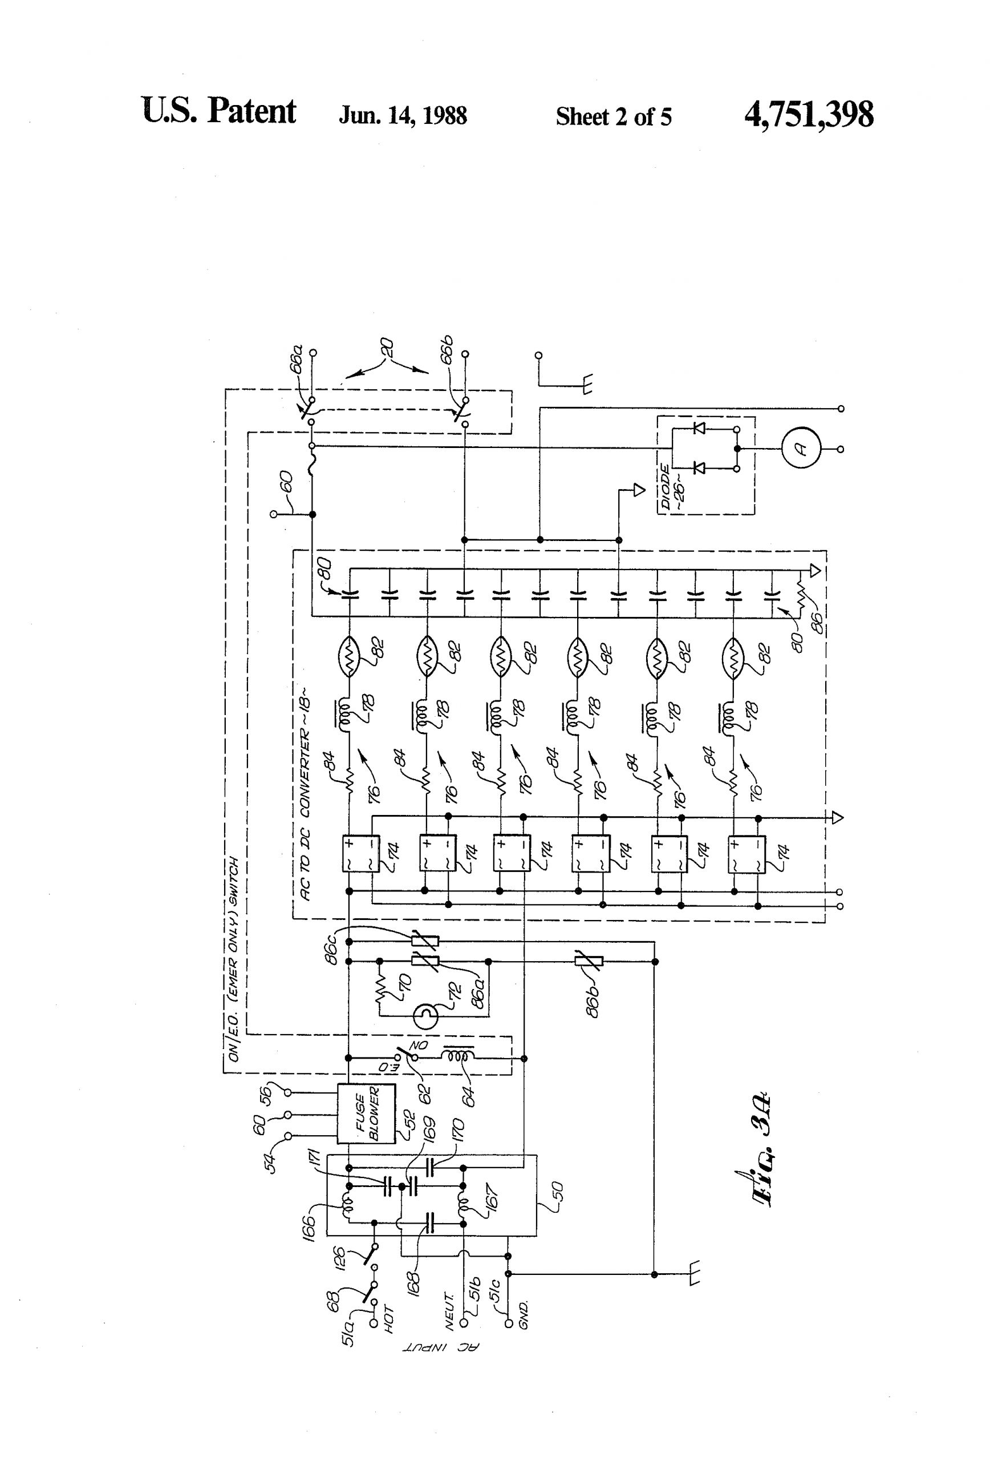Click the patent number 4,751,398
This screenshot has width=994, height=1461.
[x=808, y=115]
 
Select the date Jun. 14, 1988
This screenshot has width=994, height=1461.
[x=403, y=116]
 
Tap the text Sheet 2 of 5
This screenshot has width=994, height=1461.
[x=613, y=117]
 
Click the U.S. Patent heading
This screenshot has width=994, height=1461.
[x=218, y=112]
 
